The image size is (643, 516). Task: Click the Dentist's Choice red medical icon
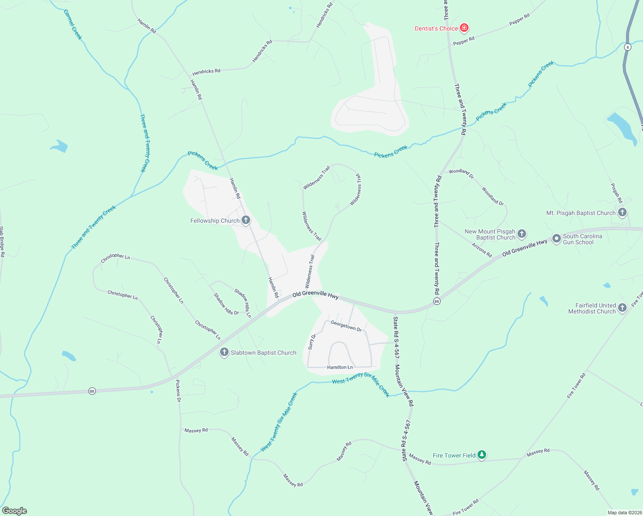[464, 28]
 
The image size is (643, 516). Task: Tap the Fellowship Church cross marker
[246, 221]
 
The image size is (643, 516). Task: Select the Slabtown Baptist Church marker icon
[224, 353]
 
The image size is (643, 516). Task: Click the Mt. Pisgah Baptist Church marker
[622, 212]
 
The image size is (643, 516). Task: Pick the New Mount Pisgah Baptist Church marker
[521, 234]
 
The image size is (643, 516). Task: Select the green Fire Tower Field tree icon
[482, 455]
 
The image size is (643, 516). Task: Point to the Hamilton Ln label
[340, 367]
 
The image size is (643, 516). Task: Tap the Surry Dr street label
[312, 341]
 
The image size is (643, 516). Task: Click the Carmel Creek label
[73, 25]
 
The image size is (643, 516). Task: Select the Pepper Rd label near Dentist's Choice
[464, 41]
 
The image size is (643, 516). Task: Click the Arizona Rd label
[481, 250]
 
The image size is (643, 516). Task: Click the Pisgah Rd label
[616, 193]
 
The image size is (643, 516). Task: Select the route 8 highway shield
[628, 47]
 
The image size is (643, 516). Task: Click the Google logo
[15, 511]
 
